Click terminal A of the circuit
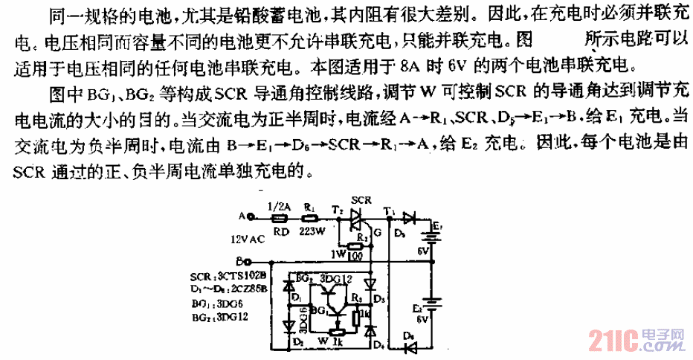pos(251,219)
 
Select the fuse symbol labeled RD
pos(280,219)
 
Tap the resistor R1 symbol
pos(309,219)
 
